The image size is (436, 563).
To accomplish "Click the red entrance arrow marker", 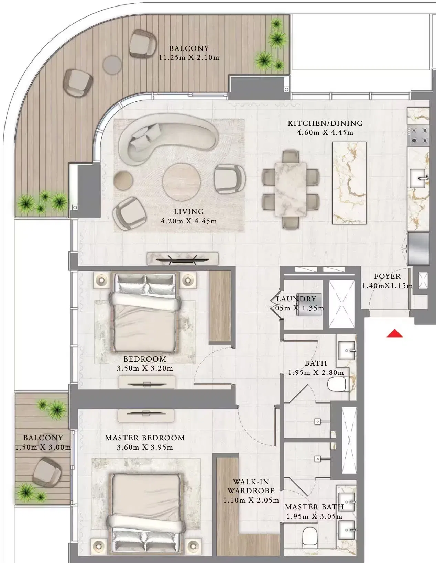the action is point(394,334).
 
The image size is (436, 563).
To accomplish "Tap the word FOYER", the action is point(387,276).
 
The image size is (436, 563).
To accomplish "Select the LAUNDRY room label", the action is point(296,299).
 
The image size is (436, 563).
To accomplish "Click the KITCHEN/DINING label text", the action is point(325,123).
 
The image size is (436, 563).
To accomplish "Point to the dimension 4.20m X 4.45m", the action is point(188,221).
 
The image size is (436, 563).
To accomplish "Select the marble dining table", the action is point(291,189).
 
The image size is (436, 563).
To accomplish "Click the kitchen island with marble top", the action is point(349,183).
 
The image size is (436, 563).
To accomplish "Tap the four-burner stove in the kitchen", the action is point(418,135).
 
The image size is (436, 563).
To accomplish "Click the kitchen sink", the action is point(418,178).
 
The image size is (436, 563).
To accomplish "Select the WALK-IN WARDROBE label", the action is point(251,486).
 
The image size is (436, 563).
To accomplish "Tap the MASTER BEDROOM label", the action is point(145,438).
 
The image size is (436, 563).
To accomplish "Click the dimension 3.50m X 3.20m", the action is point(145,368).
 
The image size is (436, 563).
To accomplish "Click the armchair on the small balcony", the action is point(47,472).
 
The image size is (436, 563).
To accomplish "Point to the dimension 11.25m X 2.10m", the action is point(189,57).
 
